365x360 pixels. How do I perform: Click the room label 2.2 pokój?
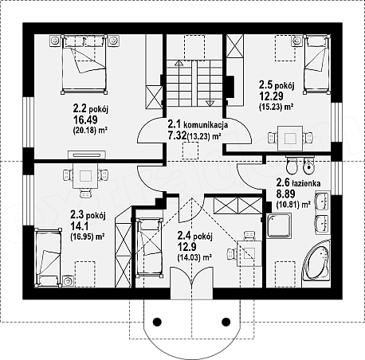click(90, 108)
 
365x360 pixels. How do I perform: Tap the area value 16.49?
click(85, 120)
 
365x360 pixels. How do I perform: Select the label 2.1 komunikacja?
click(198, 124)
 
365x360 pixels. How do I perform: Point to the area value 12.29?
click(271, 96)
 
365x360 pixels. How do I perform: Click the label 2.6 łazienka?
click(298, 182)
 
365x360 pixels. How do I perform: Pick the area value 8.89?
click(285, 194)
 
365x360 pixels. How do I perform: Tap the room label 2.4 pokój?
click(194, 236)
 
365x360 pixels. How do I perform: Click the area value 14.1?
click(80, 226)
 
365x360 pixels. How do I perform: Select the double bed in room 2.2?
click(84, 65)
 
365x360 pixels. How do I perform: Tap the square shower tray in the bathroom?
click(279, 225)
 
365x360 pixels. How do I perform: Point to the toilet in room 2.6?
click(292, 165)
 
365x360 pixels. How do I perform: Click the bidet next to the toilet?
click(308, 166)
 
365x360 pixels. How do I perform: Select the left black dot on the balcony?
click(157, 322)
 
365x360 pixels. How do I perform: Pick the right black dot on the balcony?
click(226, 322)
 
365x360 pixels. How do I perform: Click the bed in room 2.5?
click(317, 65)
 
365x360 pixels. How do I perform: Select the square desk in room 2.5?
click(290, 138)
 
